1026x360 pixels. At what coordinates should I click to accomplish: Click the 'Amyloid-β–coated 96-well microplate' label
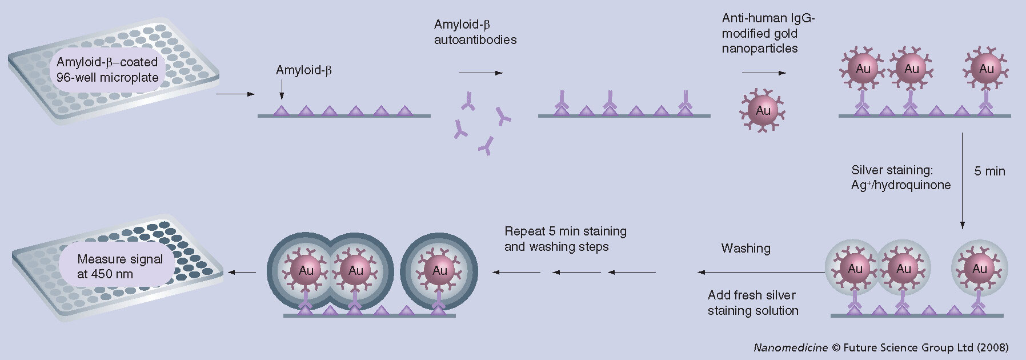click(107, 70)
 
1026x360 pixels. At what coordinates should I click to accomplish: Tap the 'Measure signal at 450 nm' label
click(119, 266)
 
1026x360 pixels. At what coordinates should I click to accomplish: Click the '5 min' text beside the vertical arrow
click(989, 171)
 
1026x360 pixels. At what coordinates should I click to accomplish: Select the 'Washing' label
click(746, 248)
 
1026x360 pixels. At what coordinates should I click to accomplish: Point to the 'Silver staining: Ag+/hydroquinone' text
click(901, 177)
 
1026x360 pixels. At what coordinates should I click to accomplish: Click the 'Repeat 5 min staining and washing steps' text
click(565, 239)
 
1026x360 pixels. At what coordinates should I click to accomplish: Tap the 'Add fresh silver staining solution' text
click(752, 303)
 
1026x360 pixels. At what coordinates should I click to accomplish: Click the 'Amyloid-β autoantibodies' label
click(475, 32)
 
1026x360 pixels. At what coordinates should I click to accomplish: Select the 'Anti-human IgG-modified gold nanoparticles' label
click(767, 33)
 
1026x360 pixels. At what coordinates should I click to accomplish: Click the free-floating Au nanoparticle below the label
click(763, 110)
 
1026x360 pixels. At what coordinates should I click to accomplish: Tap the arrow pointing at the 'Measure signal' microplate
click(242, 272)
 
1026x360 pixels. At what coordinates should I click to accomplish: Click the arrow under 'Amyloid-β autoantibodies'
click(480, 73)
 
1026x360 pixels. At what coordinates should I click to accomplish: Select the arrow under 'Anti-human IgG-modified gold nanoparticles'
click(763, 73)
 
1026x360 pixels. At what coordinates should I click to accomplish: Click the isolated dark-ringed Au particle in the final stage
click(439, 270)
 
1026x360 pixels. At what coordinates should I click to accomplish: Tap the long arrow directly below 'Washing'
click(760, 272)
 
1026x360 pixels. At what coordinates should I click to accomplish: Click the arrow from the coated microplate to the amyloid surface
click(235, 94)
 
